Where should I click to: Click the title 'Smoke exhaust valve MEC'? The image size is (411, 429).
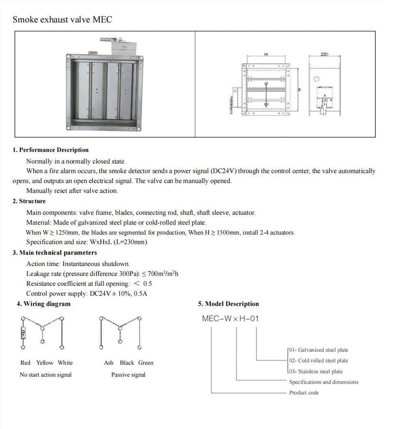pos(62,19)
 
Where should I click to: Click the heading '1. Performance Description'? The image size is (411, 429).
pos(51,150)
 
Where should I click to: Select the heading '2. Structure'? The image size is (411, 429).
pos(29,201)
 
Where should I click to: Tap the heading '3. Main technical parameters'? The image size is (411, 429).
pos(55,253)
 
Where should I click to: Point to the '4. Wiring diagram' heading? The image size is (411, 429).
pos(44,304)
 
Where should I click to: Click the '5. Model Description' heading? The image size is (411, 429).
pos(229,304)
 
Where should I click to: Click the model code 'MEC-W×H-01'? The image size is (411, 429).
pos(230,318)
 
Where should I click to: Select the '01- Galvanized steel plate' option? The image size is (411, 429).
pos(319,350)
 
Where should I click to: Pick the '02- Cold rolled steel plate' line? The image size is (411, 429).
pos(319,361)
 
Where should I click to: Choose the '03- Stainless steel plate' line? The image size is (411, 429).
pos(316,371)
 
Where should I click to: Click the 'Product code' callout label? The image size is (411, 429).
pos(304,393)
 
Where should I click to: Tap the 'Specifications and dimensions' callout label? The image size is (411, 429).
pos(324,382)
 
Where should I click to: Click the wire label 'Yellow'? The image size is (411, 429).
pos(45,363)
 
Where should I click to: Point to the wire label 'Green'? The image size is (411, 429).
pos(145,363)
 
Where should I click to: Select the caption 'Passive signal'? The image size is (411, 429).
pos(128,375)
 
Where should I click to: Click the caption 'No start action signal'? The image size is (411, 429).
pos(46,375)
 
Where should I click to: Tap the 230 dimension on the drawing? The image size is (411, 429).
pos(324,54)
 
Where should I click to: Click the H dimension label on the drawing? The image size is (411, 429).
pos(266,54)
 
